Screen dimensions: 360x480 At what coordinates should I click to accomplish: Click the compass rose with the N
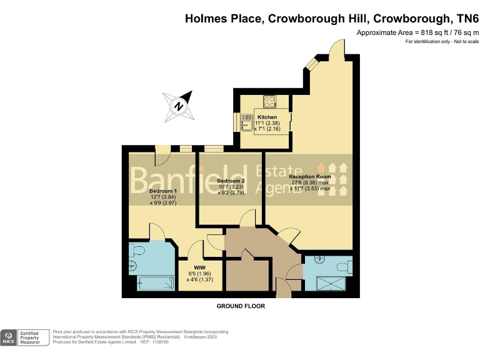pos(179,106)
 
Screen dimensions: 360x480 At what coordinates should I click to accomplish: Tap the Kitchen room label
pos(267,117)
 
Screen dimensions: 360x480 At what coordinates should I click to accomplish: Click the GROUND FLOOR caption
pos(241,306)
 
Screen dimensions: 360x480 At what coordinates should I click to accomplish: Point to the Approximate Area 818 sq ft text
pos(417,32)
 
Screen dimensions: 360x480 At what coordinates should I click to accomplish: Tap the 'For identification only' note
pos(442,41)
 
